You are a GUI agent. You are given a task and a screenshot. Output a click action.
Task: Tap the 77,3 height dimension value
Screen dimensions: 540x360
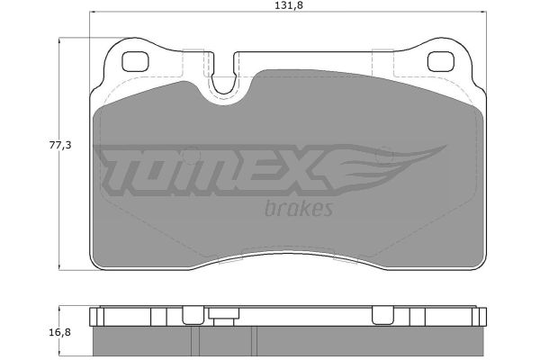pos(60,146)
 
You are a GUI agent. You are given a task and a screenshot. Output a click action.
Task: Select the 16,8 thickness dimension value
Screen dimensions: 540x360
pos(60,332)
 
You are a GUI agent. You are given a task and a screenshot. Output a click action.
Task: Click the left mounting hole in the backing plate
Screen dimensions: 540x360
pos(135,62)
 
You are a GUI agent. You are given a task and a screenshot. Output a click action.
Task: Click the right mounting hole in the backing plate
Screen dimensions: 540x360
pos(441,62)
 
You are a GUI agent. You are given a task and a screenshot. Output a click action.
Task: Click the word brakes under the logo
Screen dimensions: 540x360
pos(299,209)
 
